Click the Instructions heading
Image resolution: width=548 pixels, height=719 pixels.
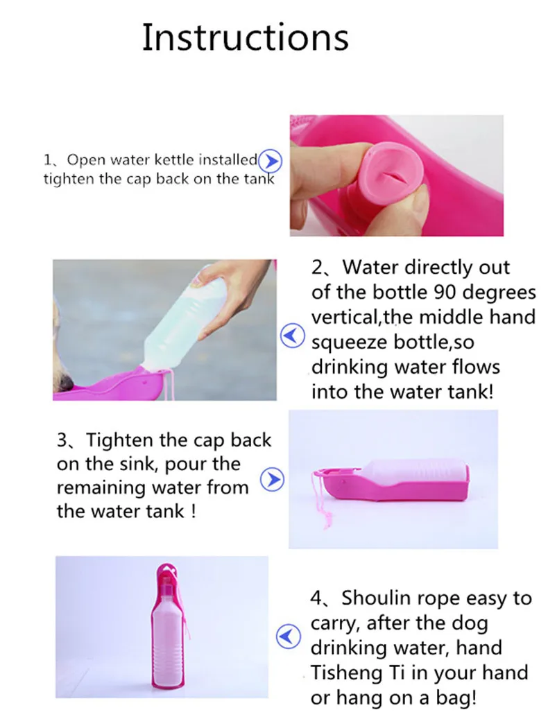click(246, 37)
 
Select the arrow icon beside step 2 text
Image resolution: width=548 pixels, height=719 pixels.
click(293, 336)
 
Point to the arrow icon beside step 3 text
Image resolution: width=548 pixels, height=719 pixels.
click(273, 480)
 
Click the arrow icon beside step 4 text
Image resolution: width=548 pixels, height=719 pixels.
click(289, 636)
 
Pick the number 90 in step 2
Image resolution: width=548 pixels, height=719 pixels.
click(445, 292)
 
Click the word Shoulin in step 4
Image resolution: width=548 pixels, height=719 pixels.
click(375, 598)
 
